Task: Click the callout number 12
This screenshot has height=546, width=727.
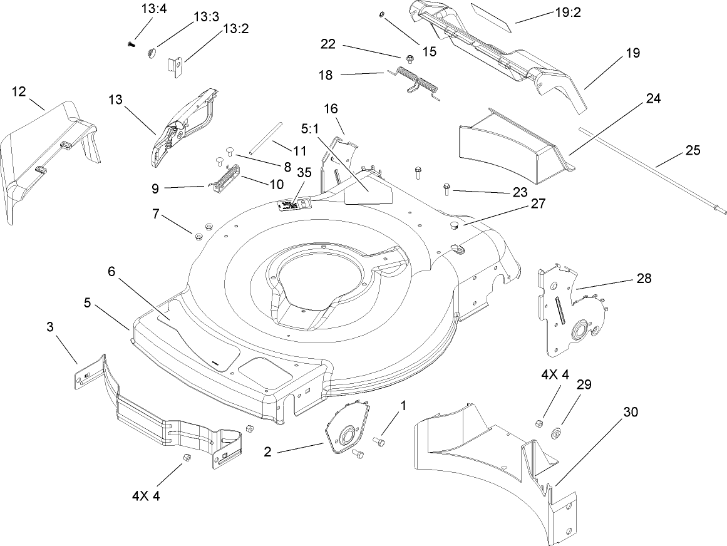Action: pos(19,91)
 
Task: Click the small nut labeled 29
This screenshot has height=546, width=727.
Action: pos(555,433)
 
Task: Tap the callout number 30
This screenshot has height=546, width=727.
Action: pos(631,412)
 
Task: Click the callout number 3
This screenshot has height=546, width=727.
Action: pos(49,327)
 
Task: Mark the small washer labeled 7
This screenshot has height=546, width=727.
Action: pos(198,236)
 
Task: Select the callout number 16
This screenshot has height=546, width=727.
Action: pos(330,108)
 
